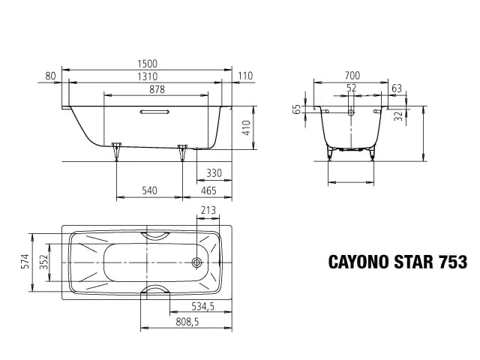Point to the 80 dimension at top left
(x=51, y=76)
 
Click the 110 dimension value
(x=244, y=76)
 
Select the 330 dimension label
(x=214, y=173)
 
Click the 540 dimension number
(x=149, y=192)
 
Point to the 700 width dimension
(x=352, y=76)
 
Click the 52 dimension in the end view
(x=352, y=88)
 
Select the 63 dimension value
(x=397, y=88)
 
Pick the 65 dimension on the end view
(x=297, y=109)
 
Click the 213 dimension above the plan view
(x=208, y=211)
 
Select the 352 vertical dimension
(x=44, y=261)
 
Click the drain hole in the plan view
(x=197, y=262)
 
